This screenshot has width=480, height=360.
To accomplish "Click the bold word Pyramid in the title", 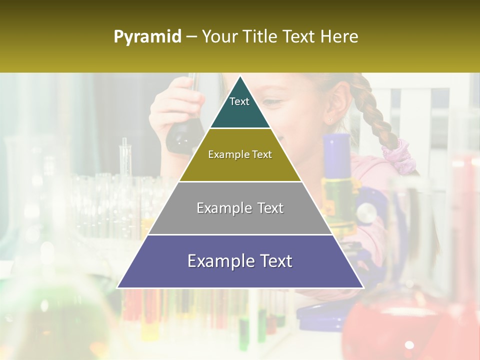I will tap(147, 37).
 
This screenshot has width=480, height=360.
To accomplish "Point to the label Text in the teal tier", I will tap(239, 101).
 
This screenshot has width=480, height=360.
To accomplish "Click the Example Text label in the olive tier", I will tap(240, 154).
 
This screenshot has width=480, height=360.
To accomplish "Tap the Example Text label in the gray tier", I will tap(240, 208).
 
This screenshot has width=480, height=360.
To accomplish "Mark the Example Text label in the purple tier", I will tap(240, 261).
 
